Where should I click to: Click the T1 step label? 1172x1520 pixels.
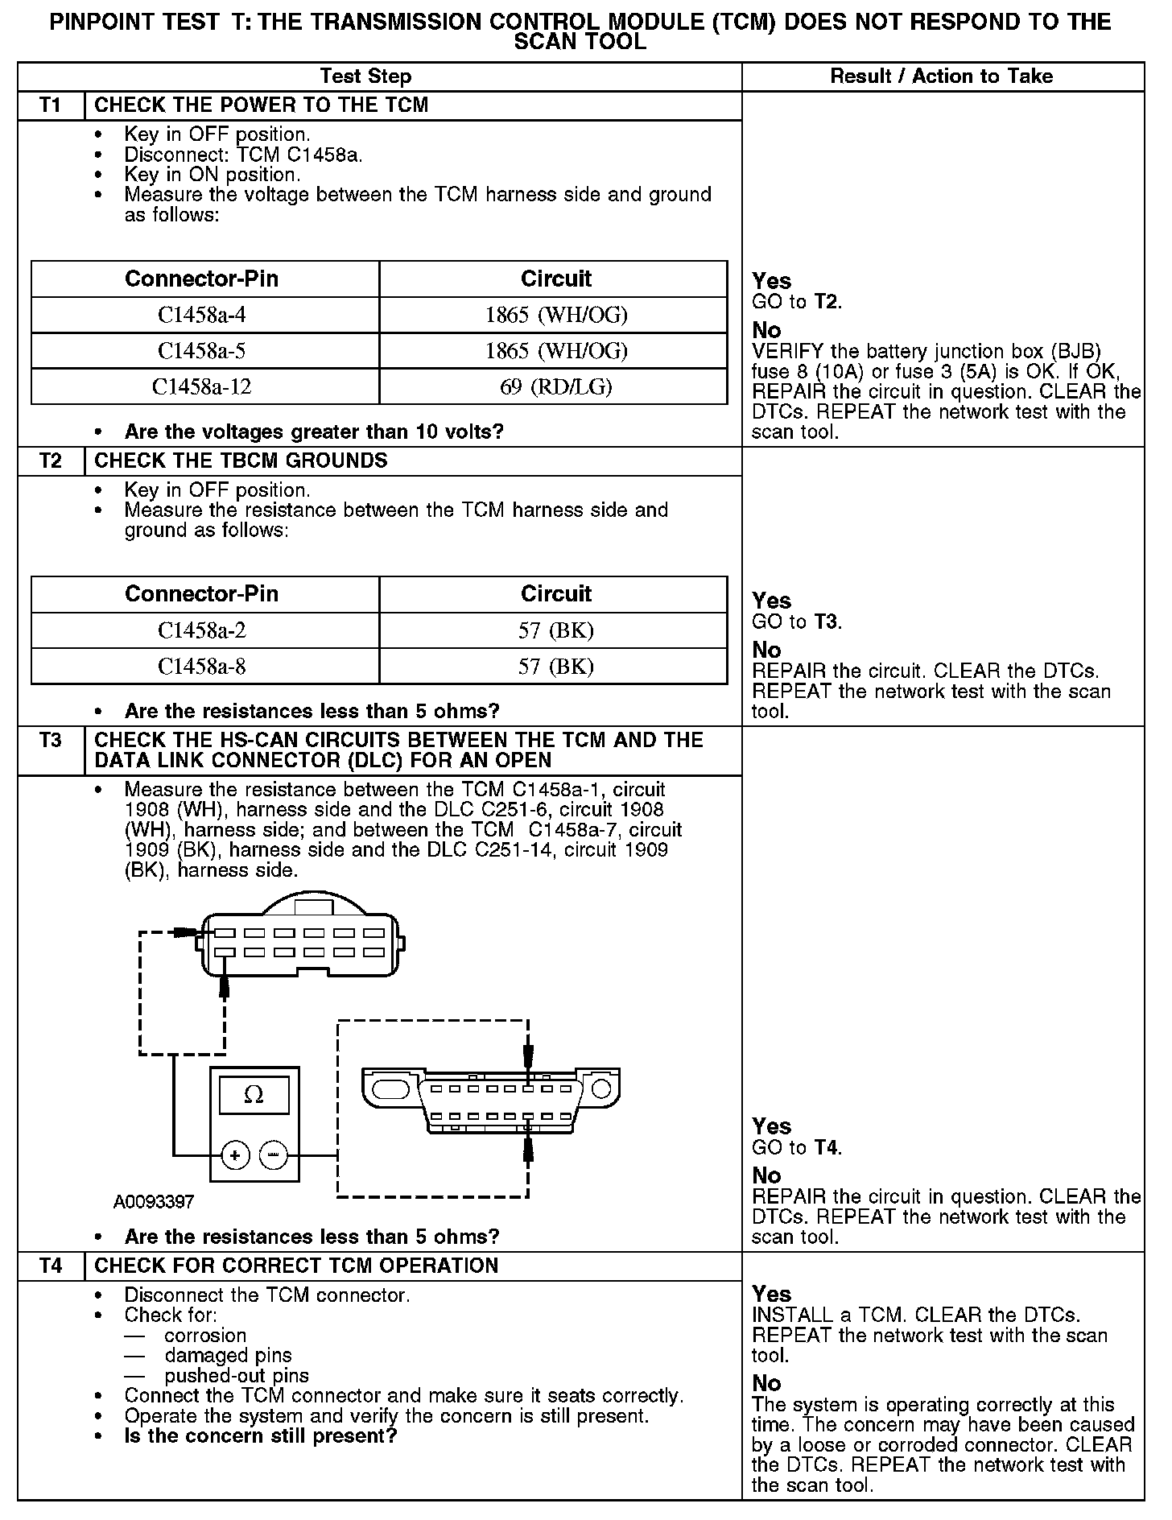click(50, 105)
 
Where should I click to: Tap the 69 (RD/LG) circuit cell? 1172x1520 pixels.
click(555, 387)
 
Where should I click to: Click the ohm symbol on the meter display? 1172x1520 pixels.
click(254, 1095)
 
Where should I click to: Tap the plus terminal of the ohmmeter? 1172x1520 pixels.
click(235, 1156)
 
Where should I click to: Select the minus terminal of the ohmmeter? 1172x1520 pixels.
click(274, 1156)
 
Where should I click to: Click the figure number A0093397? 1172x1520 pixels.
click(154, 1202)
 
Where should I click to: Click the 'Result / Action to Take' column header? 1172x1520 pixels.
click(941, 76)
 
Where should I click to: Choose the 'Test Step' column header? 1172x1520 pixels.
click(365, 76)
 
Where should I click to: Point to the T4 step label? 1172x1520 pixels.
click(50, 1266)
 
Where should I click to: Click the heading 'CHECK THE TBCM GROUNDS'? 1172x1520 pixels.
click(241, 461)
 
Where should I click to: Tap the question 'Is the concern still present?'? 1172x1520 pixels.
click(261, 1436)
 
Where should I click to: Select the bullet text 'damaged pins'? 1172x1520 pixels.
click(228, 1356)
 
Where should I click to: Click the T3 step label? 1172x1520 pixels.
click(50, 740)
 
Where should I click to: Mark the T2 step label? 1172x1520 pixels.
click(50, 461)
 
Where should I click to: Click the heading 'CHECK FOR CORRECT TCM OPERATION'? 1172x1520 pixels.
click(296, 1266)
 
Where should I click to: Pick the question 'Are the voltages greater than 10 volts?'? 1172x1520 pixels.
click(314, 432)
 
